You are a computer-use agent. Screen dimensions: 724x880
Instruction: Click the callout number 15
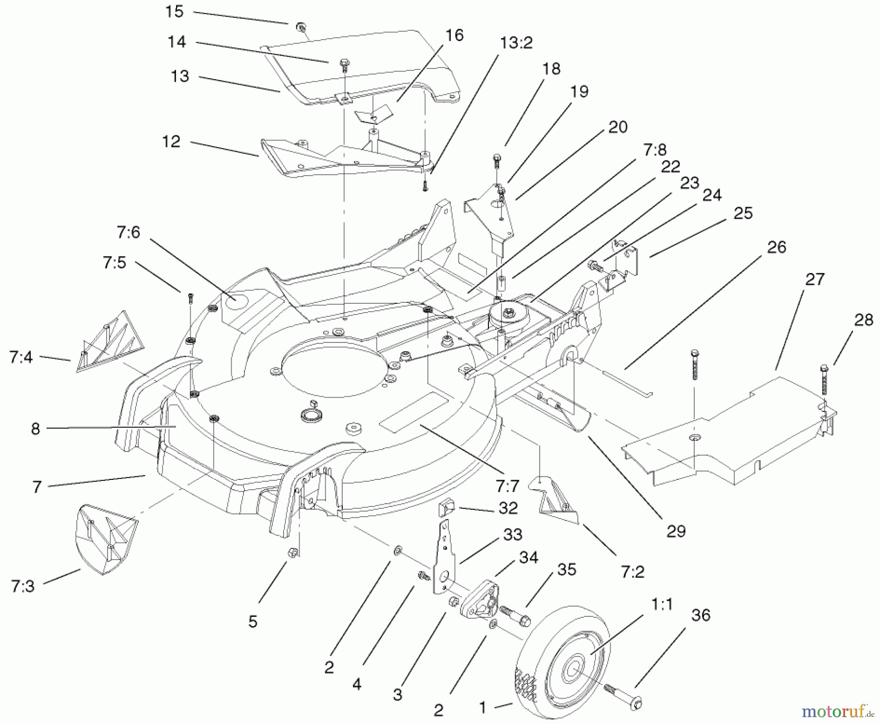pos(174,11)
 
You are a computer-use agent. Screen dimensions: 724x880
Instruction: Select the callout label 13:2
pos(516,43)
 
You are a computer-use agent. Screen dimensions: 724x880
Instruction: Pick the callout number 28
pos(863,320)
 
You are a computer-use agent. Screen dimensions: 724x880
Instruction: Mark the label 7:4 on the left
pos(21,357)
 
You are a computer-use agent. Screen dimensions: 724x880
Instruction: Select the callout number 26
pos(776,247)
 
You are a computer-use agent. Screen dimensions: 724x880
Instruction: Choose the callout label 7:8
pos(655,149)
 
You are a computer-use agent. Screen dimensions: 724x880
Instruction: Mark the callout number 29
pos(676,531)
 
